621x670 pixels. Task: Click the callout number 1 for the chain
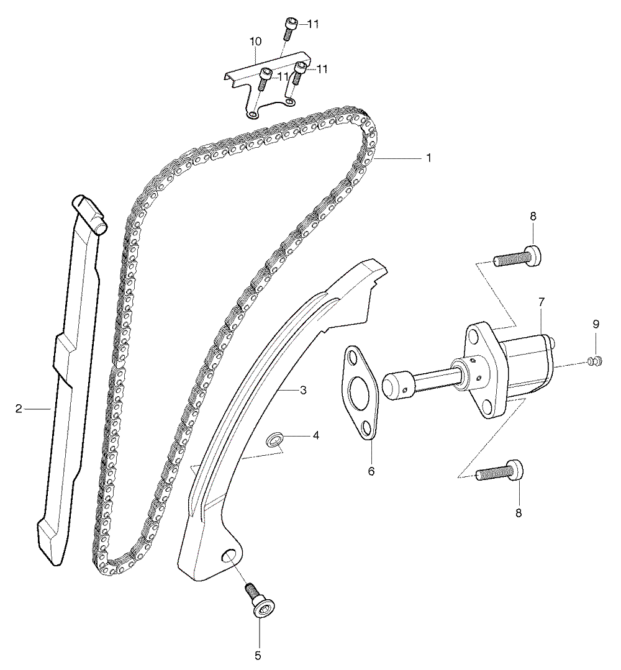pos(428,158)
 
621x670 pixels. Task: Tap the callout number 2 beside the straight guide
pos(19,409)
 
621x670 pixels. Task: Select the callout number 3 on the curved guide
pos(303,390)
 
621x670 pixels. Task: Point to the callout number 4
pos(316,435)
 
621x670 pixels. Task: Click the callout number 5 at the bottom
pos(258,655)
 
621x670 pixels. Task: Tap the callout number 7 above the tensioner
pos(541,302)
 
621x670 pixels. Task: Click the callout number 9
pos(596,324)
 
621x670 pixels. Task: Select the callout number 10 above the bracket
pos(256,42)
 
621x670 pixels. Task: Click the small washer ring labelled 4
pos(273,438)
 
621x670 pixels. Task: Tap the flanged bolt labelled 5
pos(260,600)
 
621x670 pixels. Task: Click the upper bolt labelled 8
pos(517,256)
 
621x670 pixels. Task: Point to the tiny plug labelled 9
pos(595,361)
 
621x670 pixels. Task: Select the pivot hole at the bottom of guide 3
pos(230,556)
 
